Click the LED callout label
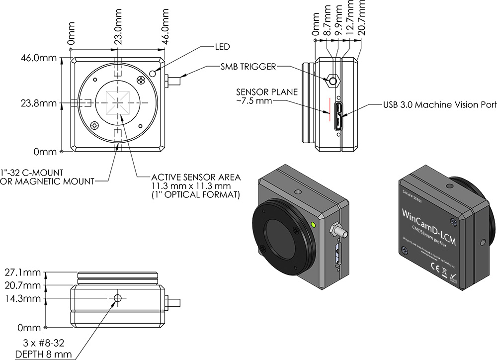point(222,47)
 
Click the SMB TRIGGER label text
point(248,67)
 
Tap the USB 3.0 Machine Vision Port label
point(439,105)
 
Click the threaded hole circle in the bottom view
point(118,298)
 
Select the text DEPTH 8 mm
point(45,354)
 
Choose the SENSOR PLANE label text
point(266,92)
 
